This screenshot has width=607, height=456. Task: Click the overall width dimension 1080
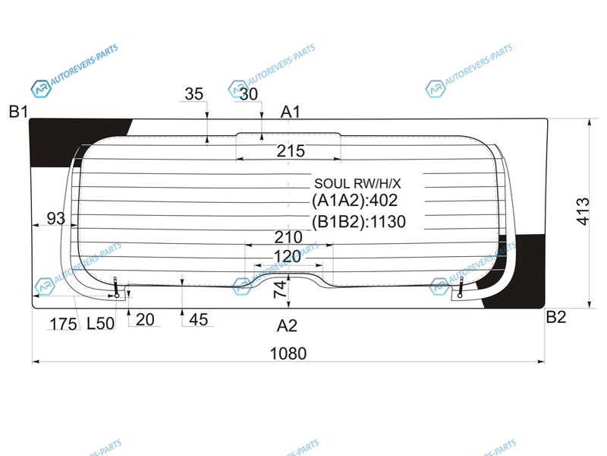288,353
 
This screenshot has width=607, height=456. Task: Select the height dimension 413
583,211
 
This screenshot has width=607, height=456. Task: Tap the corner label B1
18,112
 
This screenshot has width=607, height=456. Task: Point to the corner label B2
556,317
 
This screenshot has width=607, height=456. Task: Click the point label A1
291,112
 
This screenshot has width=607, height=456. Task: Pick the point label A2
288,326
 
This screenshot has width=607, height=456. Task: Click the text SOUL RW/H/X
357,183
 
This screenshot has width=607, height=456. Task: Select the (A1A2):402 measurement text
354,201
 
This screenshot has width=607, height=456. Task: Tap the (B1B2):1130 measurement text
359,222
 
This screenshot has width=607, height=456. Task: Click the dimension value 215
291,150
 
